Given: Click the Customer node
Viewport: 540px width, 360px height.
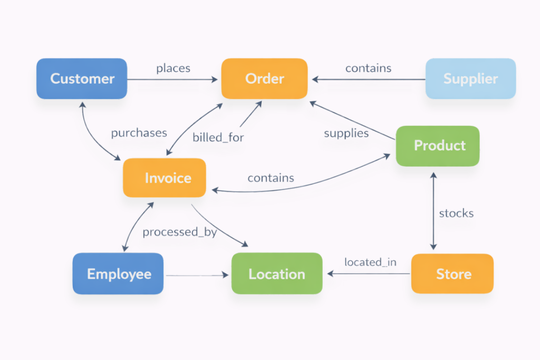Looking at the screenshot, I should tap(82, 79).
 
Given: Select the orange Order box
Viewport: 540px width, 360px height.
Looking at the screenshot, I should tap(264, 79).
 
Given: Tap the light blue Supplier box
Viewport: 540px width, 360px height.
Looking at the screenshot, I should tap(470, 79).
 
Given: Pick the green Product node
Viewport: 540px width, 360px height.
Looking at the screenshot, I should tap(438, 146).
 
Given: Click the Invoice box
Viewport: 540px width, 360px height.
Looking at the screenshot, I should tap(165, 178).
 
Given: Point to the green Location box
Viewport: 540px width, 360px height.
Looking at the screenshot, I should tap(277, 274).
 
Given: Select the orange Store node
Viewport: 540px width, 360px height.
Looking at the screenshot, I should tap(452, 274).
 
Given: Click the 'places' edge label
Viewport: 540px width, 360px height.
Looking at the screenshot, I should tap(173, 69).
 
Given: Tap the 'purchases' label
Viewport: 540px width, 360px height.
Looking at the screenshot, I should tap(139, 133).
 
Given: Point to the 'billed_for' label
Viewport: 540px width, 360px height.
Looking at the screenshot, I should tap(218, 138).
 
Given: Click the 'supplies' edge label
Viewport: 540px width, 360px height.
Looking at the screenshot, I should tap(346, 133).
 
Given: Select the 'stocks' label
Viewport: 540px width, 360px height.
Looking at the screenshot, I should tap(456, 213).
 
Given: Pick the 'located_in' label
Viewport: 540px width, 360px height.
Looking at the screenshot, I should tap(370, 262).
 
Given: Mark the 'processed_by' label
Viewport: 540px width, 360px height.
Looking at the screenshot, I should tap(179, 232).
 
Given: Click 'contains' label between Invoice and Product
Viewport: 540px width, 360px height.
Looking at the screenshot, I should tap(271, 178).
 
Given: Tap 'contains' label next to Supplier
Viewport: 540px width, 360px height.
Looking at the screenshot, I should tap(368, 69).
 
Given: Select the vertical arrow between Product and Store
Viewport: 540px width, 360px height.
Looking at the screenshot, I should tap(433, 211).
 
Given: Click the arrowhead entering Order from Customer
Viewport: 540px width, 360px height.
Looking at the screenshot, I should tap(215, 80).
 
